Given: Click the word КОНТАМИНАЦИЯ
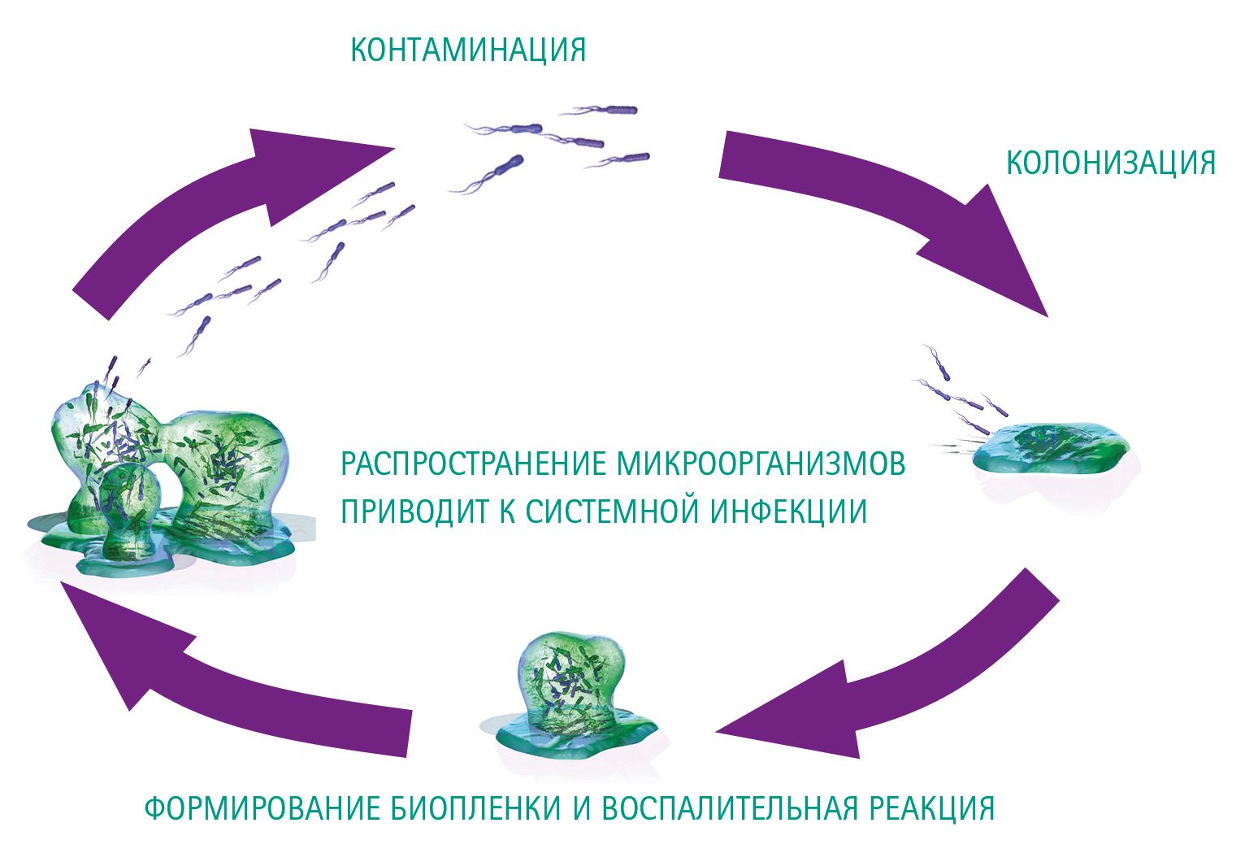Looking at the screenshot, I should point(467,50).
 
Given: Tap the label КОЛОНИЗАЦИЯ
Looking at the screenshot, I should point(1110,163).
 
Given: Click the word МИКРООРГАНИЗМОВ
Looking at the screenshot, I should point(761,464).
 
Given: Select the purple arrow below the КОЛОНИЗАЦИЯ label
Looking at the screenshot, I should point(894,211).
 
